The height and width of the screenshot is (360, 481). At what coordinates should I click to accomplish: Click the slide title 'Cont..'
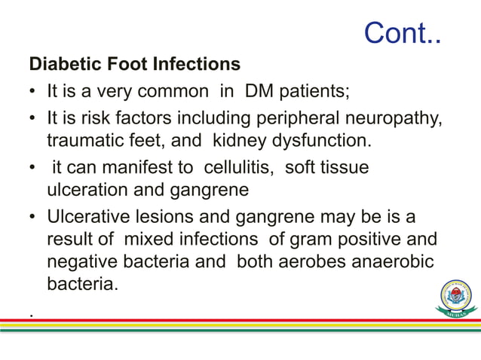(402, 32)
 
